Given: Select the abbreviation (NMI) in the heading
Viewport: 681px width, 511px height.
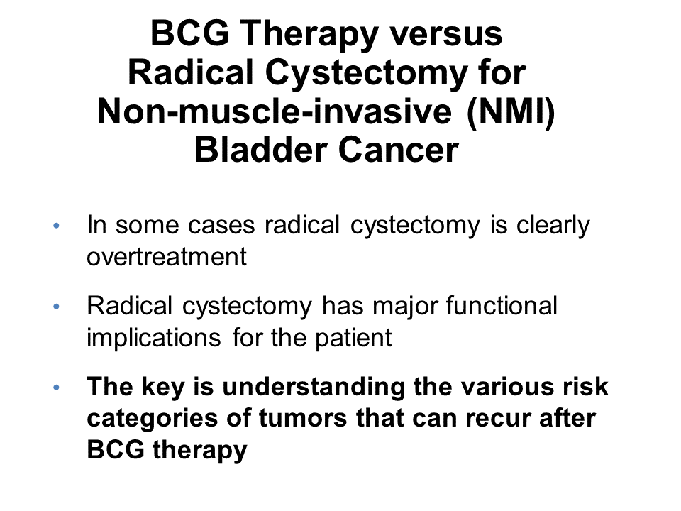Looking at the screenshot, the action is tap(511, 111).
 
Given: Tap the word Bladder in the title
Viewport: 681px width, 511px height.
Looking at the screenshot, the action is tap(260, 150).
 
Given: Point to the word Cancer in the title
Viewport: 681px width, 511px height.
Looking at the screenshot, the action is tap(398, 150).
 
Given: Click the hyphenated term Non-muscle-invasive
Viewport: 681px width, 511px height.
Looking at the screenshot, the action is tap(275, 111).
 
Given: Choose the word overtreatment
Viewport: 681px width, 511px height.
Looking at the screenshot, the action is tap(167, 256).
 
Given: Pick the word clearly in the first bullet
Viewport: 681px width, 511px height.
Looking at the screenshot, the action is tap(553, 226).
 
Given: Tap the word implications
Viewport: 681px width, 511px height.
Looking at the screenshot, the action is tap(154, 338).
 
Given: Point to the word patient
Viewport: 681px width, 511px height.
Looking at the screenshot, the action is tap(353, 338).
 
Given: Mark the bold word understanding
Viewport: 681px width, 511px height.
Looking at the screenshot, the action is tap(314, 387).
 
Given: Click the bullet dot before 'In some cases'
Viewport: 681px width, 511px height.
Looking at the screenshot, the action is tap(56, 226).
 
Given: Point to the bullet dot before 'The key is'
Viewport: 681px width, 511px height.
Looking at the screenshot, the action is tap(56, 388).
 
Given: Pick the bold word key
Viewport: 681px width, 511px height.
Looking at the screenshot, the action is tap(163, 388).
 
